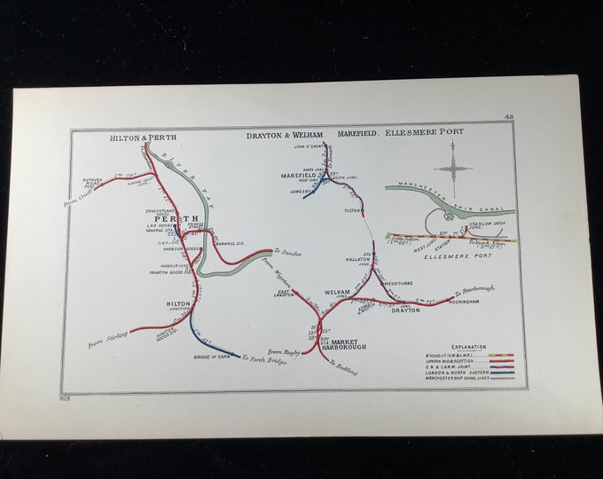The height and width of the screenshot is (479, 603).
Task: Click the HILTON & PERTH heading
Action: [143, 138]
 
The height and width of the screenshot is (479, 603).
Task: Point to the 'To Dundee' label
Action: [287, 253]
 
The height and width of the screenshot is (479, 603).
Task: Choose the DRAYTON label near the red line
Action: [405, 310]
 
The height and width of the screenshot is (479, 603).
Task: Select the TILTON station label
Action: [353, 211]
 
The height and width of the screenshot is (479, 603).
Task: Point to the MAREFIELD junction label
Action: [299, 176]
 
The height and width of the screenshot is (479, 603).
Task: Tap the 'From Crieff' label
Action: [79, 197]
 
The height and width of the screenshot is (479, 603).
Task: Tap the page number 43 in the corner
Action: [508, 116]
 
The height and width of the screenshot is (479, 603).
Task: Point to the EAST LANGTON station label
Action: [284, 294]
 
